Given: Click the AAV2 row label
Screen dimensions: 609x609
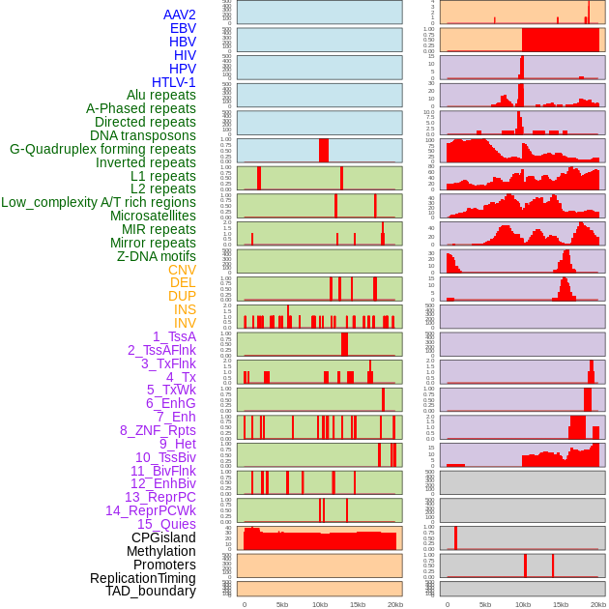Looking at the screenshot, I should pyautogui.click(x=180, y=14).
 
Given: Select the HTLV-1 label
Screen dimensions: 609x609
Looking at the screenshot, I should pyautogui.click(x=174, y=82).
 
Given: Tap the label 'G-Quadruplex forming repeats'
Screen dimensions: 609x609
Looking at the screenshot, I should pyautogui.click(x=102, y=150).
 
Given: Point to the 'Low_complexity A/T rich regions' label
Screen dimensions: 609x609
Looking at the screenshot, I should pyautogui.click(x=99, y=203).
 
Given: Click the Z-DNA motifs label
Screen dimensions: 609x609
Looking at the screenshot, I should pyautogui.click(x=157, y=256).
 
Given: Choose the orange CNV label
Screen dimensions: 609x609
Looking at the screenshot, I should pyautogui.click(x=182, y=270).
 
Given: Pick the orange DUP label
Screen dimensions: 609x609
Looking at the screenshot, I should pyautogui.click(x=182, y=296).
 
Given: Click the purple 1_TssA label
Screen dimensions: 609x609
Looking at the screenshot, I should pyautogui.click(x=174, y=336).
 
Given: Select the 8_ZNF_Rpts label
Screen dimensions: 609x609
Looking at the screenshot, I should pyautogui.click(x=158, y=430).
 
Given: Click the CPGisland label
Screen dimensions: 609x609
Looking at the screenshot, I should pyautogui.click(x=163, y=537).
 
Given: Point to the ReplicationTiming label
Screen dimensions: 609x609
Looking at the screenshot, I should pyautogui.click(x=143, y=578).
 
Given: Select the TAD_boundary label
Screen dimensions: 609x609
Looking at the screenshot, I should pyautogui.click(x=151, y=591).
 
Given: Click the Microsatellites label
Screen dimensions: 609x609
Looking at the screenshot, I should pyautogui.click(x=153, y=217).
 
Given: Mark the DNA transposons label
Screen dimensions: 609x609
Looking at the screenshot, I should pyautogui.click(x=143, y=136).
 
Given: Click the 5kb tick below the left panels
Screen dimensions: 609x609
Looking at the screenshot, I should pyautogui.click(x=282, y=604).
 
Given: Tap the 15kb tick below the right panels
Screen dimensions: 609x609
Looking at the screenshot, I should pyautogui.click(x=560, y=604).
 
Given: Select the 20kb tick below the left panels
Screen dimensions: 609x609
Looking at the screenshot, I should pyautogui.click(x=395, y=604).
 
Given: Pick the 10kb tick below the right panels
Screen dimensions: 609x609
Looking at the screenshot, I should pyautogui.click(x=523, y=604).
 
